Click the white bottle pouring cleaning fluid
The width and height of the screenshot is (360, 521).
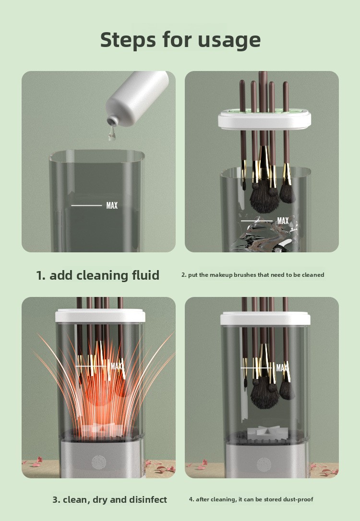click(x=137, y=96)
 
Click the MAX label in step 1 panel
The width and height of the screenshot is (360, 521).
click(x=112, y=206)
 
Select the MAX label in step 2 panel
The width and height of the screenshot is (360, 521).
click(x=283, y=221)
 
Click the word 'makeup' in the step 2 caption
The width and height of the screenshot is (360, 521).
click(x=221, y=275)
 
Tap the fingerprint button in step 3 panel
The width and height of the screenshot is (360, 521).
click(x=99, y=462)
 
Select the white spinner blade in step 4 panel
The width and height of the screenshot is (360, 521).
click(x=263, y=432)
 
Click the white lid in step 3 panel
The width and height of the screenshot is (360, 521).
click(x=100, y=316)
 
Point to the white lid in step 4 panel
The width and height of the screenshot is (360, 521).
click(x=265, y=319)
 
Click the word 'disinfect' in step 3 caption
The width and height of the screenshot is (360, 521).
click(x=148, y=499)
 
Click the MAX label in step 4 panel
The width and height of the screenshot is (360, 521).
click(x=282, y=368)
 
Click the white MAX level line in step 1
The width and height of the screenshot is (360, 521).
click(x=86, y=206)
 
